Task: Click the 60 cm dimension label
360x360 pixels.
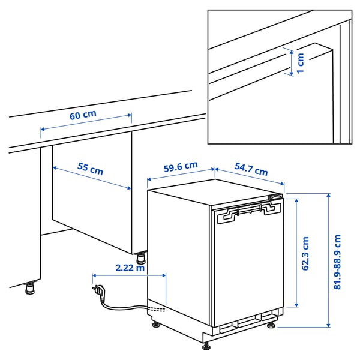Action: (x=82, y=115)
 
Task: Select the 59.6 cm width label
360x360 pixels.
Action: (x=181, y=166)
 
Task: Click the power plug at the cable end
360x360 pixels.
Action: (x=98, y=292)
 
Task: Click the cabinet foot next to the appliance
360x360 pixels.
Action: (x=141, y=259)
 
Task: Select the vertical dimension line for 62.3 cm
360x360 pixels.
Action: (x=295, y=252)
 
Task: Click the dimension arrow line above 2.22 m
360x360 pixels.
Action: (x=129, y=275)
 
